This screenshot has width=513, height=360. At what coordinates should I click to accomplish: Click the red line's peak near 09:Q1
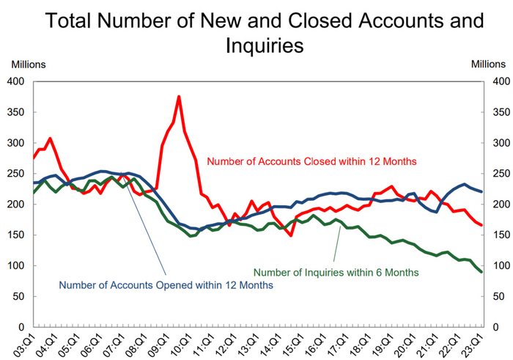[179, 97]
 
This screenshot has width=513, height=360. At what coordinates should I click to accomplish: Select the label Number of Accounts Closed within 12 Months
[311, 161]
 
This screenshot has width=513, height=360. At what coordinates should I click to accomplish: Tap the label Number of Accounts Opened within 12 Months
[166, 284]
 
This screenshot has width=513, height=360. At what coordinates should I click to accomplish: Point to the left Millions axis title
[27, 64]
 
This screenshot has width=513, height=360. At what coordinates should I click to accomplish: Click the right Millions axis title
[487, 64]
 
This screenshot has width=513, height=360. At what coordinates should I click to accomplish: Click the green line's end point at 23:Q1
[481, 272]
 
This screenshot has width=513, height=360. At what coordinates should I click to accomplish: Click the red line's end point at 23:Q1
[481, 225]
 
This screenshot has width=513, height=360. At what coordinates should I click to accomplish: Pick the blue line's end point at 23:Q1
[481, 191]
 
